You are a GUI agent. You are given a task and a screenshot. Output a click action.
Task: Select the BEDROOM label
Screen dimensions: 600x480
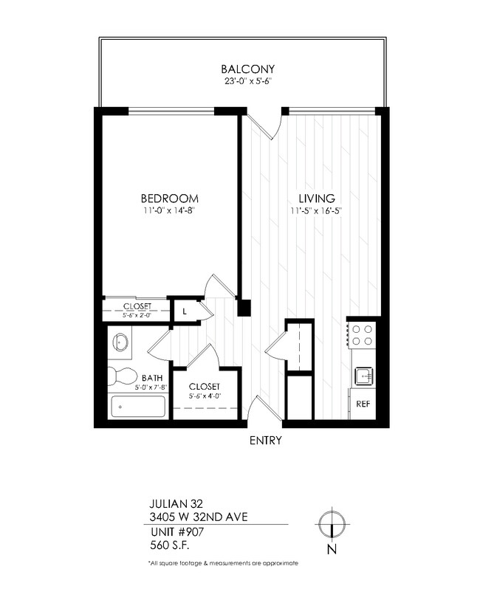pyautogui.click(x=170, y=199)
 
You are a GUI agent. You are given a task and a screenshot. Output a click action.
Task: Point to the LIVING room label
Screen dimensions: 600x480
pyautogui.click(x=317, y=199)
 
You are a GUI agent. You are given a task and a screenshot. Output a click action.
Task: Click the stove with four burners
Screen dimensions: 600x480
pyautogui.click(x=362, y=335)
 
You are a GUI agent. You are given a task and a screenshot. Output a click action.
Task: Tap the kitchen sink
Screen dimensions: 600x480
pyautogui.click(x=362, y=376)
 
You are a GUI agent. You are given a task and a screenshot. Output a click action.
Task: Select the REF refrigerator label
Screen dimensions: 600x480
pyautogui.click(x=363, y=404)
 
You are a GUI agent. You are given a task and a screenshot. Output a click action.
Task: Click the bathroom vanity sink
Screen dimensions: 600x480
pyautogui.click(x=122, y=342)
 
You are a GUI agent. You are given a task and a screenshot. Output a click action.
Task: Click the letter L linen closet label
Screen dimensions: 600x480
pyautogui.click(x=184, y=311)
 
